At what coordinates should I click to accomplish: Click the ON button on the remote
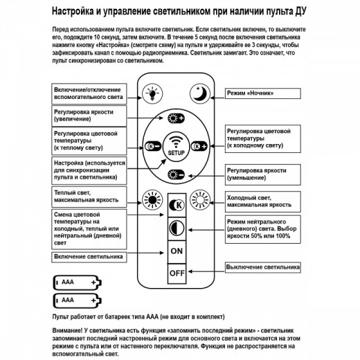pos(176,250)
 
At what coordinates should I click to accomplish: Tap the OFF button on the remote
pos(176,273)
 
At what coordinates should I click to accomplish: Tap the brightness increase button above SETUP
pos(176,118)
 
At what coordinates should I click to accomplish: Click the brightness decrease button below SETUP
pos(176,175)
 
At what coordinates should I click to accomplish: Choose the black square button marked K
pos(176,206)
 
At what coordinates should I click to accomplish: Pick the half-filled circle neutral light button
pos(176,228)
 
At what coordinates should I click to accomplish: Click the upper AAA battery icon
pos(77,282)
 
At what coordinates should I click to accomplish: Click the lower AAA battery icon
pos(77,300)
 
